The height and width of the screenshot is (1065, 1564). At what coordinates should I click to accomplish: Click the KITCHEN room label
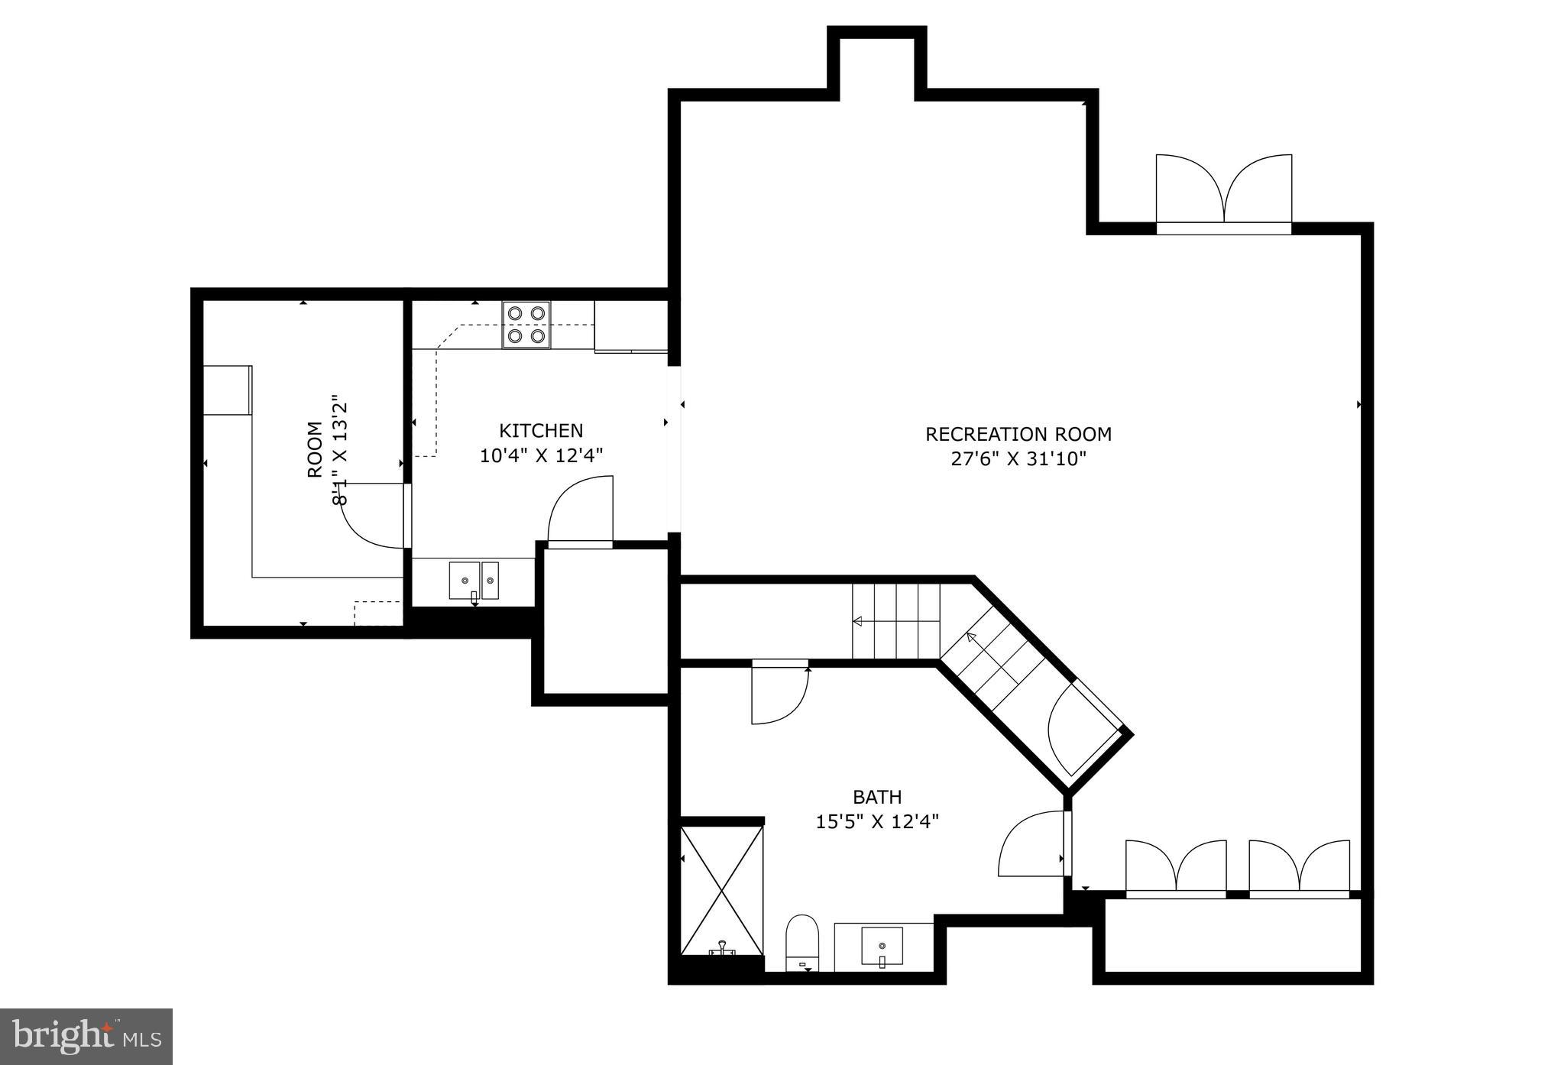541,430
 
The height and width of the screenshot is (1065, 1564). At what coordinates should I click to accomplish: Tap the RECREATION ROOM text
1018,434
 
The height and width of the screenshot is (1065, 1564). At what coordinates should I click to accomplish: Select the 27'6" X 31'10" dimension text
1018,459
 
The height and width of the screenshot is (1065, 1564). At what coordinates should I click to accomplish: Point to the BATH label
876,797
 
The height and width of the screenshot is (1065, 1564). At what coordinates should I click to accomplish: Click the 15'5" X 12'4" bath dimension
876,822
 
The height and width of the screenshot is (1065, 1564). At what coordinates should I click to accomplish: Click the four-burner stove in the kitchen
526,325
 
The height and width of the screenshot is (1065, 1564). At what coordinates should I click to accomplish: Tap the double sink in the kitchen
473,581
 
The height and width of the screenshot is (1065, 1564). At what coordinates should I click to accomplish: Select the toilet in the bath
802,944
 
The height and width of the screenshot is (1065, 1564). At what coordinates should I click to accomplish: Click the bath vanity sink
882,947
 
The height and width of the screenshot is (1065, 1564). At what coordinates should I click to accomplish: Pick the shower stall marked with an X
721,890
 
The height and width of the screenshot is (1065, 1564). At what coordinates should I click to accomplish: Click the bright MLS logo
86,1037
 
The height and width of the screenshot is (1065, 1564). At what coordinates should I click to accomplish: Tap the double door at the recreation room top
1223,191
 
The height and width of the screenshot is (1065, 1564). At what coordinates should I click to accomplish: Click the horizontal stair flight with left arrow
895,621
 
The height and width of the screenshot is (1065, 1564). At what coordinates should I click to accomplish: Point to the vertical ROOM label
315,450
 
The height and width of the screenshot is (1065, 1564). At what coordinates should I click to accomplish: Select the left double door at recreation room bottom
1175,867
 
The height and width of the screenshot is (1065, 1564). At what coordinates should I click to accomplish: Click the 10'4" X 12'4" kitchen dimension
541,456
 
